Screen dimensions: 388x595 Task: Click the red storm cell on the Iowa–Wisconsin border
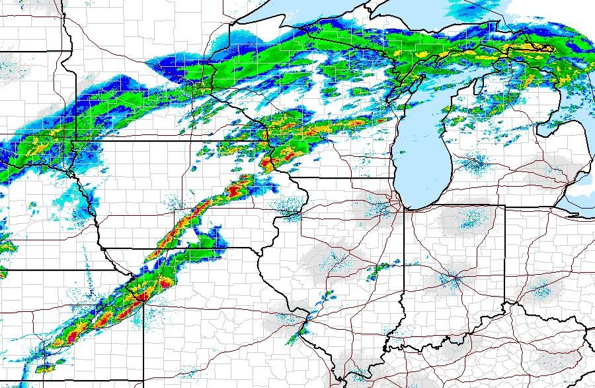pyautogui.click(x=268, y=162)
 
